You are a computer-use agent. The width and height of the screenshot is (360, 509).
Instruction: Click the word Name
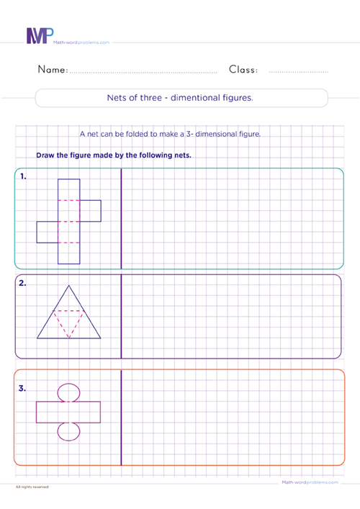[48, 70]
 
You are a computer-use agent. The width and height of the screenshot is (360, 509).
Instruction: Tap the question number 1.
[24, 176]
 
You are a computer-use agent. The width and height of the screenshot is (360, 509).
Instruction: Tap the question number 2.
[24, 283]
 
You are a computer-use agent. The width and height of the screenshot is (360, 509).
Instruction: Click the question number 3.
[24, 389]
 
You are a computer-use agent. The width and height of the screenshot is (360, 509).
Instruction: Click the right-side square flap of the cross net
[90, 210]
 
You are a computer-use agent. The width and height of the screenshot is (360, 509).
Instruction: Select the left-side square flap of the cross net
[48, 232]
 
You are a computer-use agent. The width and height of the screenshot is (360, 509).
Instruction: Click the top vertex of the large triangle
[69, 285]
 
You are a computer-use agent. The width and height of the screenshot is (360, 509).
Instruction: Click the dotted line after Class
[298, 73]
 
